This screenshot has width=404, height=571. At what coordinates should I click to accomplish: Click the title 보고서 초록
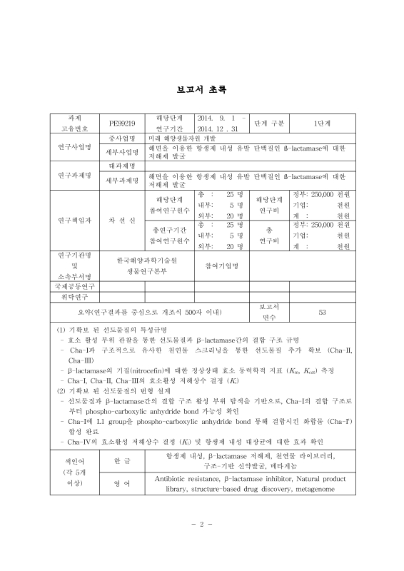click(202, 90)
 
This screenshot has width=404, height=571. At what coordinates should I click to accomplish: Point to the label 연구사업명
click(75, 147)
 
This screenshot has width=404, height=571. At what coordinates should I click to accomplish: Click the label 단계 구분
click(269, 123)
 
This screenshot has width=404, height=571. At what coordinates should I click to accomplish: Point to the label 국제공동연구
click(75, 285)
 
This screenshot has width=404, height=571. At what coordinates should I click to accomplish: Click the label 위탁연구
click(75, 296)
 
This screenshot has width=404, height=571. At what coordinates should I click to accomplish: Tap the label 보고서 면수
click(269, 312)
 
